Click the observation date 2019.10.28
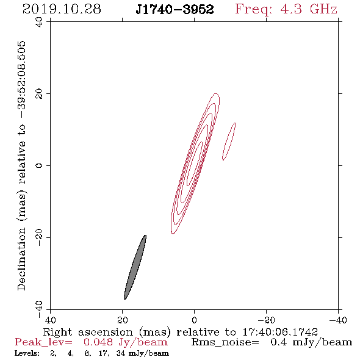(x=62, y=9)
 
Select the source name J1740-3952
(x=175, y=9)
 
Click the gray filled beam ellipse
(x=135, y=267)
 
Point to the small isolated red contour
(x=229, y=142)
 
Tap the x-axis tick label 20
(x=122, y=320)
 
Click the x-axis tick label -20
(x=266, y=320)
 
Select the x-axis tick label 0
(x=194, y=320)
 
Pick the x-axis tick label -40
(x=338, y=320)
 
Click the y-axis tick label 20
(x=39, y=94)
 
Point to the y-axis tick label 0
(x=39, y=165)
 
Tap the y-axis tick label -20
(x=39, y=237)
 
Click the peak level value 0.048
(x=98, y=342)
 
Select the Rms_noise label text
(x=225, y=342)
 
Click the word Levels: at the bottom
(x=27, y=353)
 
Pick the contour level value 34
(x=121, y=353)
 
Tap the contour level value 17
(x=104, y=353)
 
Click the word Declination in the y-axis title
(x=21, y=259)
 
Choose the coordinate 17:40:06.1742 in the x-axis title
(x=280, y=332)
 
